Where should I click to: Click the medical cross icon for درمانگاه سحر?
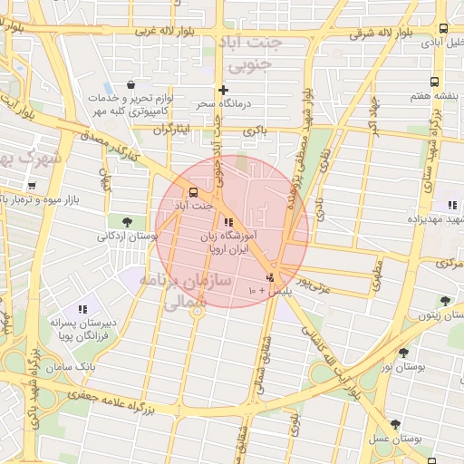pyautogui.click(x=223, y=90)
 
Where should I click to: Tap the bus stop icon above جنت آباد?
pyautogui.click(x=192, y=192)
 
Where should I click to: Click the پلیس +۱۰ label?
pyautogui.click(x=265, y=291)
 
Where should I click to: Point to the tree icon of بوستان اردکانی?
pyautogui.click(x=126, y=220)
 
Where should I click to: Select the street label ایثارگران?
pyautogui.click(x=172, y=130)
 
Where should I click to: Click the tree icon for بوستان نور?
pyautogui.click(x=403, y=353)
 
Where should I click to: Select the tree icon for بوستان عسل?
pyautogui.click(x=394, y=424)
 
